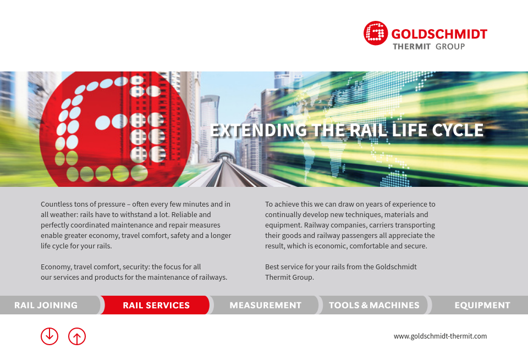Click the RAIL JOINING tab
(x=46, y=305)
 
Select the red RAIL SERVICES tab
(x=156, y=305)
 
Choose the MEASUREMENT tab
(x=265, y=305)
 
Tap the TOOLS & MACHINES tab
(x=374, y=305)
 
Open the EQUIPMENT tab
(x=482, y=305)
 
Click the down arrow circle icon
(x=50, y=336)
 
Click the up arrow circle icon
(x=77, y=336)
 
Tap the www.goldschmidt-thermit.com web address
(x=440, y=336)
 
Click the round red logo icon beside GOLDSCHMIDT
(x=376, y=33)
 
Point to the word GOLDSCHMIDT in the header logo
(x=439, y=34)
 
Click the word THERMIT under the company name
(x=411, y=47)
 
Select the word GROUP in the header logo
(x=450, y=47)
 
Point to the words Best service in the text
(x=284, y=267)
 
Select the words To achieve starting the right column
(x=283, y=204)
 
